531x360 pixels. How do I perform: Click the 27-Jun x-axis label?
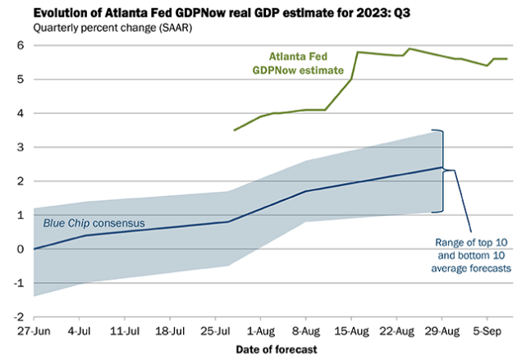34,332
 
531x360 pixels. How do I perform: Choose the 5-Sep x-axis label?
488,332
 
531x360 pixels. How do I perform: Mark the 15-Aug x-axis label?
351,332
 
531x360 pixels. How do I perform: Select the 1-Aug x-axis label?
261,332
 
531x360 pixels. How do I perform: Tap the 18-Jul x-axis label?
170,332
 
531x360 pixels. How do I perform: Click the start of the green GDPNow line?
235,130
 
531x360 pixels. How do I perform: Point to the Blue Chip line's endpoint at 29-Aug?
442,167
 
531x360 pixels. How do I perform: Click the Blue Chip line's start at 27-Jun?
34,248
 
